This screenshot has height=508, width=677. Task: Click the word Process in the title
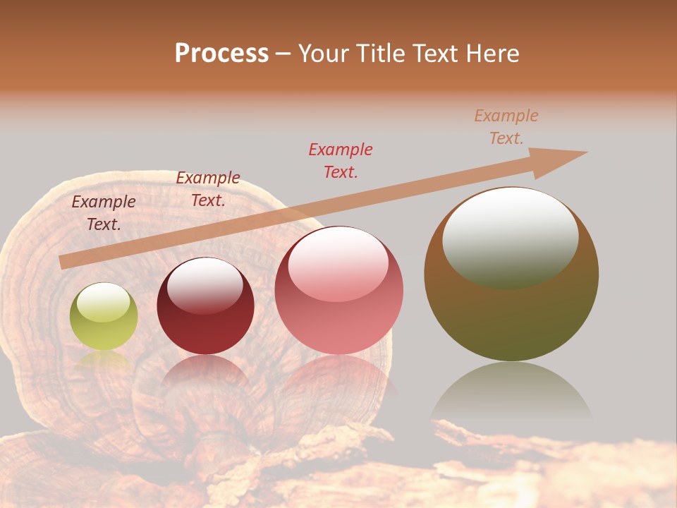221,54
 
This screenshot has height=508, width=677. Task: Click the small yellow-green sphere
104,317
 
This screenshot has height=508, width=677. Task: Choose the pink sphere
339,291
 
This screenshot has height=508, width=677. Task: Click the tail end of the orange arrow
63,262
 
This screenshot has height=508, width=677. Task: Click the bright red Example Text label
341,160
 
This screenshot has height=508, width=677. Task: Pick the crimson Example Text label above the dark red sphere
208,189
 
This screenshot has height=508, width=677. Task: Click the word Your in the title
321,54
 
